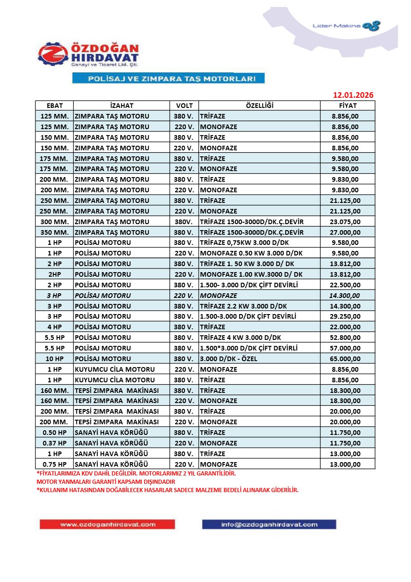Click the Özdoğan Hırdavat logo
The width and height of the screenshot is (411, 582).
tap(88, 55)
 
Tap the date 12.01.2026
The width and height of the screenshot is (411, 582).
tap(353, 95)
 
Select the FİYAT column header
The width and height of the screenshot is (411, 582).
tap(348, 106)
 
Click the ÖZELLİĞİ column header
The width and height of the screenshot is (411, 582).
tap(259, 106)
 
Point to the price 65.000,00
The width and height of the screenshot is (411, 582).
tap(345, 359)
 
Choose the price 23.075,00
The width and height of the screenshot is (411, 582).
tap(345, 222)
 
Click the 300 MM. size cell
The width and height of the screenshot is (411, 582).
tap(54, 222)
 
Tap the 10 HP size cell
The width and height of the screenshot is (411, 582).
tap(54, 359)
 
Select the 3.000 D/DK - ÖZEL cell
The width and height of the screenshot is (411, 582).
tap(231, 359)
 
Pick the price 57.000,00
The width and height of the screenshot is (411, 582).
tap(345, 348)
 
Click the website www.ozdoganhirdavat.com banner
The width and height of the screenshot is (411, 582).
tap(107, 524)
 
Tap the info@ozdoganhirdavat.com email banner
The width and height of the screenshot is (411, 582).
tap(269, 524)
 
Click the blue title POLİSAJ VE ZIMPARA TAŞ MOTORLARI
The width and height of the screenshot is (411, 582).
tap(168, 79)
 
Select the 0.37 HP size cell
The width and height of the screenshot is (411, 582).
tap(54, 443)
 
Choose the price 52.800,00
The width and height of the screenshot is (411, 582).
tap(345, 338)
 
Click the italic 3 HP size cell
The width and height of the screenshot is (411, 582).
tap(54, 296)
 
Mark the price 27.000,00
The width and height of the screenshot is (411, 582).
tap(345, 232)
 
